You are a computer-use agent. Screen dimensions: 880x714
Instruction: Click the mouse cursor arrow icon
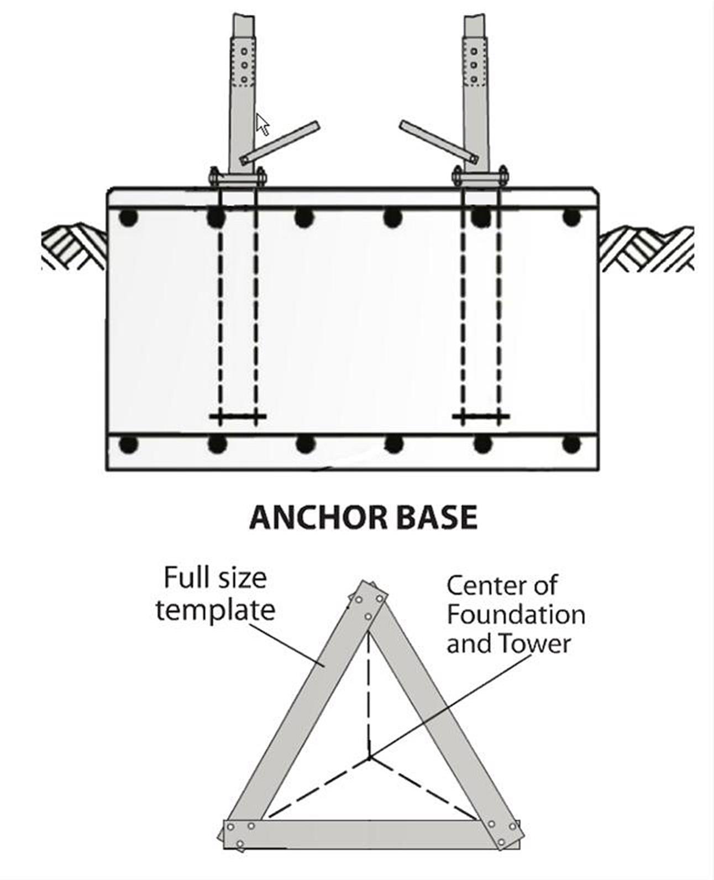tap(262, 125)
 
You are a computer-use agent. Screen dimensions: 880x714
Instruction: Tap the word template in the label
tap(215, 610)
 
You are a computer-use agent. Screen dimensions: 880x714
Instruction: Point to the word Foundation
tap(516, 615)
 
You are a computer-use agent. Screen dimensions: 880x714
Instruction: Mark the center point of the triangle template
tap(369, 758)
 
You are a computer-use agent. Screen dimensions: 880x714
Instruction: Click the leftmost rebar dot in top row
tap(128, 218)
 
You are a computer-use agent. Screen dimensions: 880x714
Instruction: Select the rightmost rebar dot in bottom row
tap(571, 444)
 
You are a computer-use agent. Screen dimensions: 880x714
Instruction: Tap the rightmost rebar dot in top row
tap(571, 217)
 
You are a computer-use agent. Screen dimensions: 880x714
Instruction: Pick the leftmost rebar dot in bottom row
tap(128, 444)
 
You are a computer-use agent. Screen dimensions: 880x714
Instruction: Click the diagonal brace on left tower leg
tap(281, 143)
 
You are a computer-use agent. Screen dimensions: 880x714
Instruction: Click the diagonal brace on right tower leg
tap(438, 143)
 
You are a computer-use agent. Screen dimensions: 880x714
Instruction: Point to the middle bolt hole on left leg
tap(243, 65)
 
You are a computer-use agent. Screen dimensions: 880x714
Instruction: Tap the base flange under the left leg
tap(238, 178)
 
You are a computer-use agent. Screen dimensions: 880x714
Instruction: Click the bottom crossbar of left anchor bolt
tap(238, 416)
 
